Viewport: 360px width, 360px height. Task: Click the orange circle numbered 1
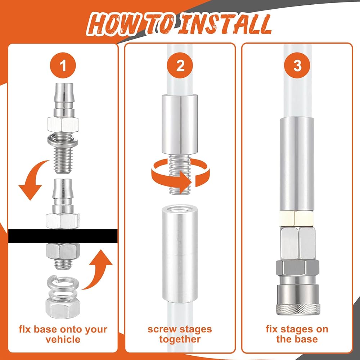[63, 66]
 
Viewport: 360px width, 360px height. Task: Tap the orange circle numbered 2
[180, 66]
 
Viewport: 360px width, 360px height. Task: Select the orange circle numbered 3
[297, 66]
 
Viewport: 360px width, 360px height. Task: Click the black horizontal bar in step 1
[63, 236]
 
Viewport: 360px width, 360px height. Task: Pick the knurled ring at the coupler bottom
[298, 309]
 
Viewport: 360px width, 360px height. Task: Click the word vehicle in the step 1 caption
[63, 339]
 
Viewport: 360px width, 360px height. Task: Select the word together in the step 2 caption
[180, 339]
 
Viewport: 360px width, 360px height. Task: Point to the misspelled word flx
[25, 329]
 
